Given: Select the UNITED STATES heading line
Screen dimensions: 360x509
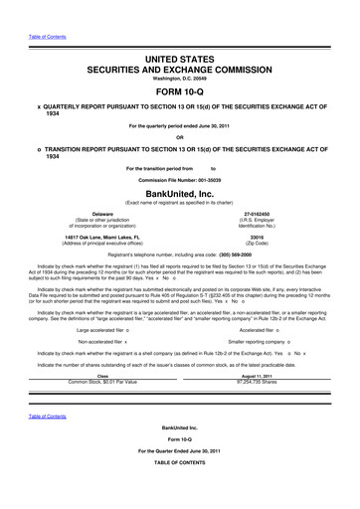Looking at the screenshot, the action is click(179, 34).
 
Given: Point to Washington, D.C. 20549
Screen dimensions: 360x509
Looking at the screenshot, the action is click(179, 59).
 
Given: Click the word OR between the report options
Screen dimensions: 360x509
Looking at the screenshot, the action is click(179, 137).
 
